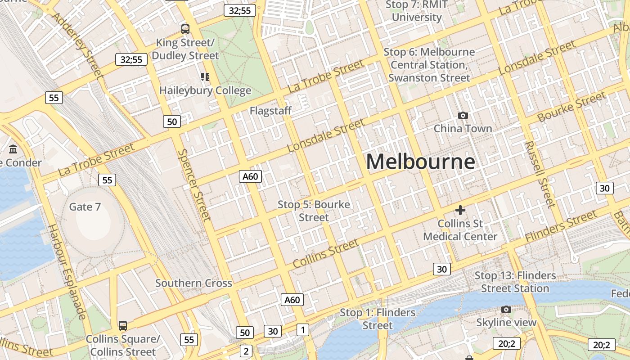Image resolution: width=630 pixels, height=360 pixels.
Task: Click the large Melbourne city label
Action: point(420,162)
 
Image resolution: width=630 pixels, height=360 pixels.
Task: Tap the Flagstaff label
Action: point(270,111)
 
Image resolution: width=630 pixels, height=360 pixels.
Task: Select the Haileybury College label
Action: point(205,90)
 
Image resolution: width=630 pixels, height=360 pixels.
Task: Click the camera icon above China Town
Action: point(463,116)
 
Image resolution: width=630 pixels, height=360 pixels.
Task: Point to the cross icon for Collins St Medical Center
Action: point(460,210)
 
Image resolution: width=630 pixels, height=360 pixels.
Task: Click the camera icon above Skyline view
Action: point(506,310)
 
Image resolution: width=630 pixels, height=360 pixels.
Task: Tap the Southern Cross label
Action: point(193,283)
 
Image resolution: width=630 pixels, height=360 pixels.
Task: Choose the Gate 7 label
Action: point(85,207)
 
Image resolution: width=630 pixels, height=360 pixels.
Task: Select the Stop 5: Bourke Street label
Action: point(314,211)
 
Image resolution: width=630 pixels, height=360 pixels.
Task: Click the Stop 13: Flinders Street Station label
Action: point(515,282)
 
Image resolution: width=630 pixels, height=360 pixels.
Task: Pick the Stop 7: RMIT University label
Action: point(417,11)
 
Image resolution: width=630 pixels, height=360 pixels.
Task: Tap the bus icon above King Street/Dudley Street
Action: point(185,29)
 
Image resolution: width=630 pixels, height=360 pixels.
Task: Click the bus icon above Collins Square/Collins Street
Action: point(122,326)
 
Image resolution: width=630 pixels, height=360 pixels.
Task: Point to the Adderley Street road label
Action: point(77,45)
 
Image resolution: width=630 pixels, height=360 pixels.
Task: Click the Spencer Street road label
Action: point(194,185)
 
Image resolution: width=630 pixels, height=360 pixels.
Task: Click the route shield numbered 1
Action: point(303,330)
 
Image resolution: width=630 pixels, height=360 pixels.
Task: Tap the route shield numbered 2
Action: point(246,351)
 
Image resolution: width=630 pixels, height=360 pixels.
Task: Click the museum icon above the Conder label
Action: point(13,149)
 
